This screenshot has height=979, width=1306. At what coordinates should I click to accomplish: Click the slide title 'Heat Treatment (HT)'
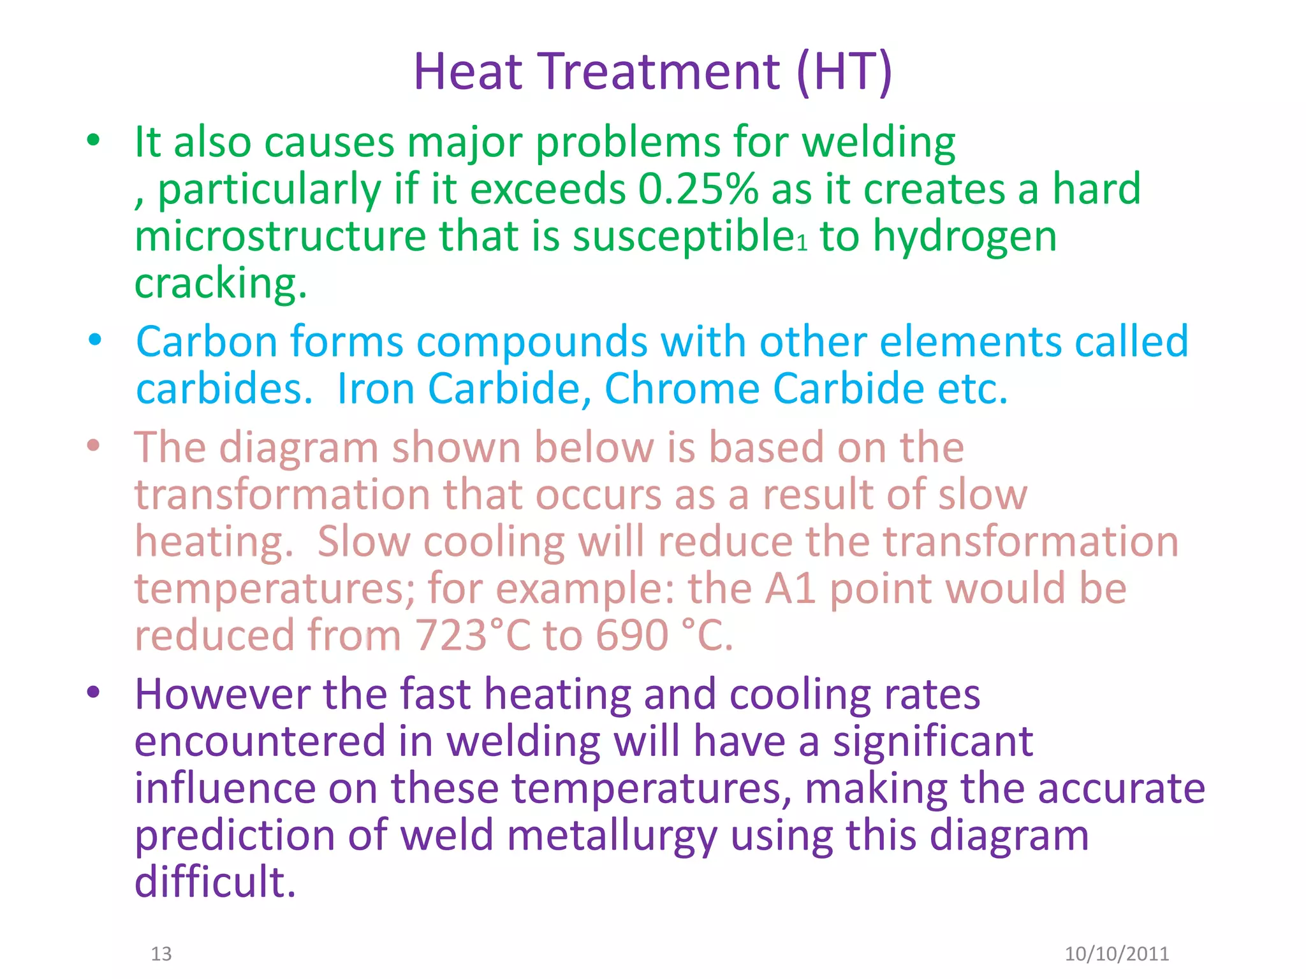[x=652, y=71]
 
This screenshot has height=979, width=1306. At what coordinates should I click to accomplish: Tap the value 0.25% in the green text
[x=698, y=189]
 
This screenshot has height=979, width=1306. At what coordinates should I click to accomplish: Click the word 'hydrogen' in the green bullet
[x=964, y=237]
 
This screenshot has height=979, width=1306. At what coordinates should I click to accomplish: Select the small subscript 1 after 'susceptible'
[x=802, y=243]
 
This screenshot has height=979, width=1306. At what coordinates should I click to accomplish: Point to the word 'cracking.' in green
[x=221, y=283]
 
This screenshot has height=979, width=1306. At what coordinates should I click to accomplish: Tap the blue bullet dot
[x=95, y=340]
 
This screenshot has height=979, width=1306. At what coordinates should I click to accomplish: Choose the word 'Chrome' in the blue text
[x=682, y=388]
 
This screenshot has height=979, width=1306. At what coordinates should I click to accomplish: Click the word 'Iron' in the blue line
[x=376, y=388]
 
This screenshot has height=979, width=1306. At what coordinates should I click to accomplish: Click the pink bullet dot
[x=94, y=446]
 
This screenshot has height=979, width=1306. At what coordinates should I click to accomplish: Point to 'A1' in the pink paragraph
[x=790, y=588]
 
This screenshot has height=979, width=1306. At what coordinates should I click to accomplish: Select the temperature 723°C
[x=473, y=635]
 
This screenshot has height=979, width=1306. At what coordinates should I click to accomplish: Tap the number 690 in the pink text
[x=632, y=635]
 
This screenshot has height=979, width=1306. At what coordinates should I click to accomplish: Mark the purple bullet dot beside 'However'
[x=94, y=692]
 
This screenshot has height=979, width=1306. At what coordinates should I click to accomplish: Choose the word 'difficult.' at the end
[x=216, y=882]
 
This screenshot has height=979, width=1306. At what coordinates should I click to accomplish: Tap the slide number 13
[x=161, y=954]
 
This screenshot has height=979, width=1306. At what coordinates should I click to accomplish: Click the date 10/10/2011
[x=1117, y=954]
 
